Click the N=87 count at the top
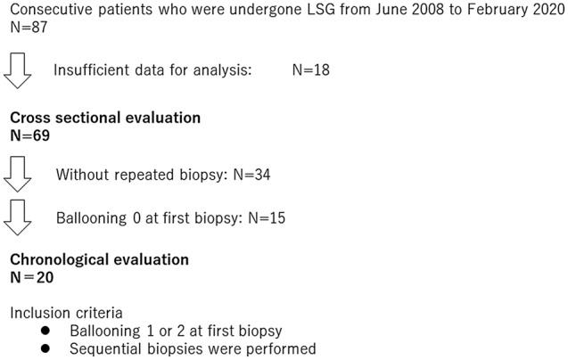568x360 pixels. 27,27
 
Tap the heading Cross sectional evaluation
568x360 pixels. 105,118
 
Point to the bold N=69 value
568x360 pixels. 29,136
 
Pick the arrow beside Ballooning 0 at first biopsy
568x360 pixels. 19,217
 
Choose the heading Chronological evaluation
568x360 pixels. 99,260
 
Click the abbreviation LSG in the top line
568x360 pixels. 291,9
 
